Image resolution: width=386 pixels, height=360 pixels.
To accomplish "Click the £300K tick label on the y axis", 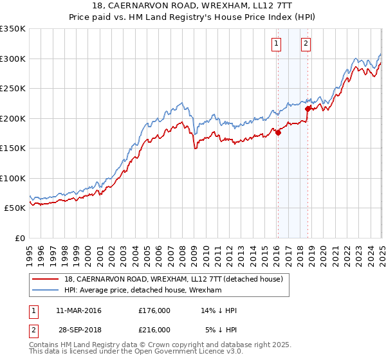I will coord(13,59).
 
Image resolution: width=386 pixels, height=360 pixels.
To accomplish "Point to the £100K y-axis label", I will coord(13,178).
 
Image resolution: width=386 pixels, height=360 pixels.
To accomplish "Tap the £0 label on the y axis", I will coord(20,238).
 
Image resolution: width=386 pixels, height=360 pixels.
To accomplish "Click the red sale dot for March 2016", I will coord(278,132).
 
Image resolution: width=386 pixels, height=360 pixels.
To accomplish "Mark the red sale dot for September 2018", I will coord(308,109).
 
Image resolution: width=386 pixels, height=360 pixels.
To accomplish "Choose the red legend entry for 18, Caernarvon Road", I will coord(178,279).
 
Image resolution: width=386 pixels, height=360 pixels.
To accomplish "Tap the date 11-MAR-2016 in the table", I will coord(78,310).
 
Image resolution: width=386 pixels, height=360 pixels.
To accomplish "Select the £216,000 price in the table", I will coord(154,329).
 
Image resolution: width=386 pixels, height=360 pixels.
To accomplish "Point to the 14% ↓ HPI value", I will coord(219,310).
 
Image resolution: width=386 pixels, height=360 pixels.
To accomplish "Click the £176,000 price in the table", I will coord(154,310).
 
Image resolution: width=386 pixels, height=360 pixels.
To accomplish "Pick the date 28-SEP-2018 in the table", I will coord(78,329).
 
